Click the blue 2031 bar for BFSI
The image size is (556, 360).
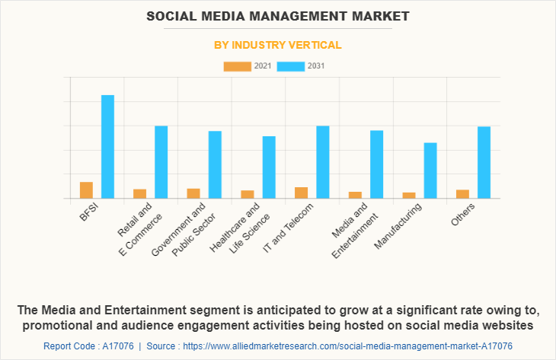107,146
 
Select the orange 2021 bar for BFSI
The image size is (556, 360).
86,190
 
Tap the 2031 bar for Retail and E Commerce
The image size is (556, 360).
161,161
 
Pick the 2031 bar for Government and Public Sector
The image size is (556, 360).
215,164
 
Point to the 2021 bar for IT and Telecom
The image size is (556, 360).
302,193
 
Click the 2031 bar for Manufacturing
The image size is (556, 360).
430,170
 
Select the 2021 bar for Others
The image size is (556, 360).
462,193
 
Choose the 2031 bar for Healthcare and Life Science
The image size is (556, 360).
269,167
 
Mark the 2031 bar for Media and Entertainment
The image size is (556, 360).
376,164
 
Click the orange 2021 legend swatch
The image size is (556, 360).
237,67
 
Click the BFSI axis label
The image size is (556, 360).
89,211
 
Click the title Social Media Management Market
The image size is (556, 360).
277,16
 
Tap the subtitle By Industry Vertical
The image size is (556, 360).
277,46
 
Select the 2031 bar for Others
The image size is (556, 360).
484,162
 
